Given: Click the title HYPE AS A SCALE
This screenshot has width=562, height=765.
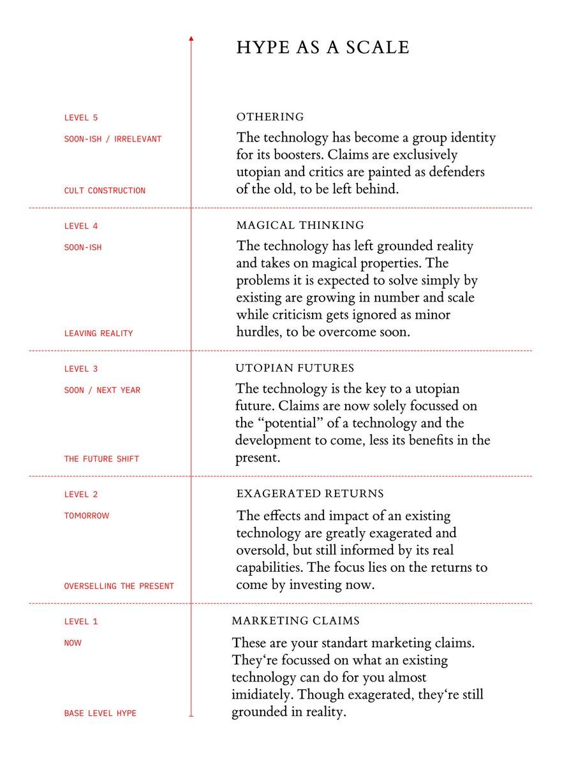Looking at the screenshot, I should [323, 48].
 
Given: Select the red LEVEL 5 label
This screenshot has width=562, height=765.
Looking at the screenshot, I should [81, 118].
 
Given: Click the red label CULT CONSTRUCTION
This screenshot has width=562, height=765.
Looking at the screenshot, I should [105, 191].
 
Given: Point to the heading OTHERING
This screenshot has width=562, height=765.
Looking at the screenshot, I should [270, 117].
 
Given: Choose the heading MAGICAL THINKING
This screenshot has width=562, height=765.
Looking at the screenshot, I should [300, 226].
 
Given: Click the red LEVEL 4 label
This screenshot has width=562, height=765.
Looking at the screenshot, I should [81, 226].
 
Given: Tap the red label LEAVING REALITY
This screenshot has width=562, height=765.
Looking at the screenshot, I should [98, 333].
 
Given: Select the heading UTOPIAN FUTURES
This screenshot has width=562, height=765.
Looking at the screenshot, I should [295, 368].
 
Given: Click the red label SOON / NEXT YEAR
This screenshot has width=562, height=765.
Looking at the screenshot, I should [102, 390].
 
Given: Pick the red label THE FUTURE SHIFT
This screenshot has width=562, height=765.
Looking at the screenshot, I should [101, 459].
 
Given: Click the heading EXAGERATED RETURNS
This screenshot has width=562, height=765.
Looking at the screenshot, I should [310, 494].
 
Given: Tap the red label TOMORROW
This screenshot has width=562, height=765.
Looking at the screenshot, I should [87, 516].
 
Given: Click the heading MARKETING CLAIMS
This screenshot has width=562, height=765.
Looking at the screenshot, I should [295, 621].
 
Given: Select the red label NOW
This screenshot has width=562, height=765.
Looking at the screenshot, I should [73, 643].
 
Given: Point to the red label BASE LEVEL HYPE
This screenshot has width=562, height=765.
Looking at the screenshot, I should [100, 713].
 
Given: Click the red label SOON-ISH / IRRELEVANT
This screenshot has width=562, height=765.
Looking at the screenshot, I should [113, 139].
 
